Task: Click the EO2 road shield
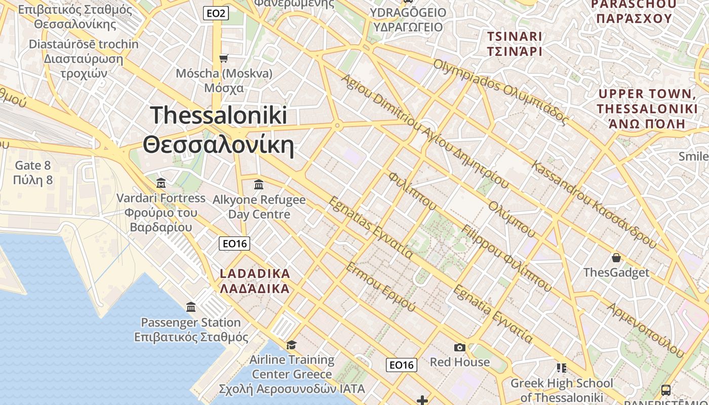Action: pos(216,14)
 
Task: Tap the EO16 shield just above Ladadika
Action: pos(235,244)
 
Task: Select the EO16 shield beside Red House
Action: pos(401,364)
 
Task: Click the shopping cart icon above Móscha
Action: pos(224,58)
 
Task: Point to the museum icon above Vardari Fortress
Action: pos(161,182)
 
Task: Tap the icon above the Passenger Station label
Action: pos(191,307)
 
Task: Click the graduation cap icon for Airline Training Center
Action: pos(291,345)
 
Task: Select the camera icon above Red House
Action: pos(459,347)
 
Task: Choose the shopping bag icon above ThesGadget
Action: pos(616,258)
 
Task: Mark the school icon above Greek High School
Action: pos(561,368)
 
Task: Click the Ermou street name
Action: pos(380,287)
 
